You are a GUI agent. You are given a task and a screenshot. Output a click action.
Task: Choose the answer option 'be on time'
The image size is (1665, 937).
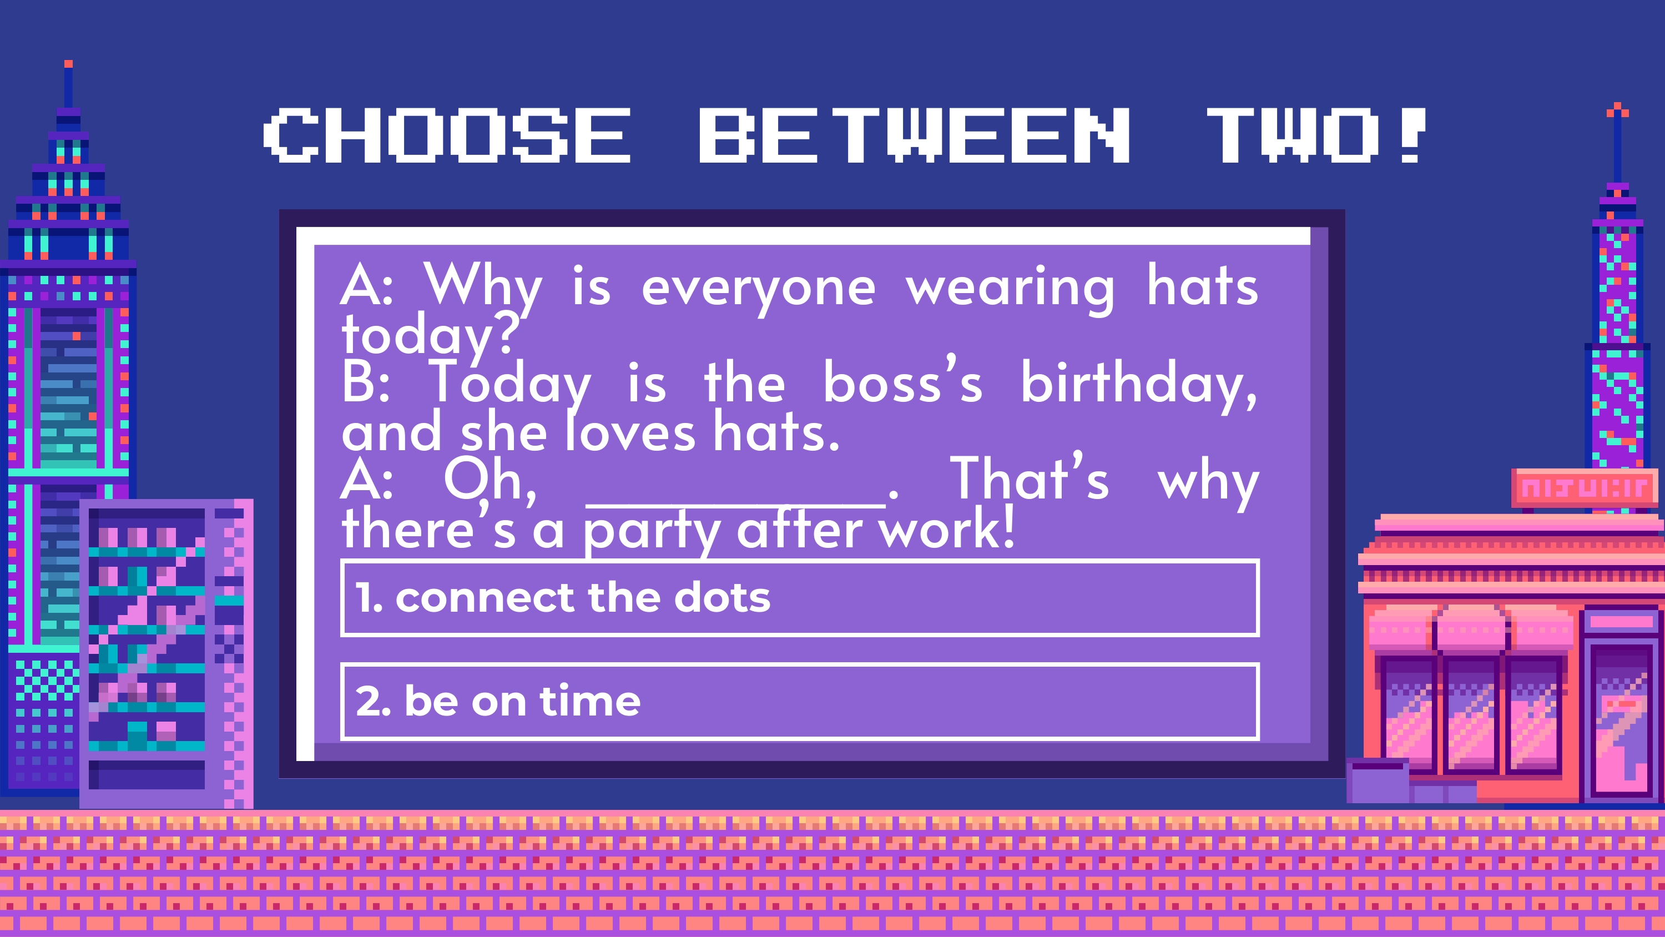(800, 702)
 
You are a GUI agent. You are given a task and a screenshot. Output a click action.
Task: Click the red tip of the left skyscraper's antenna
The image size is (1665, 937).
(68, 64)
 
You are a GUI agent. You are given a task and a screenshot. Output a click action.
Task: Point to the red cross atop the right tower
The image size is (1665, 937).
(1617, 110)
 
